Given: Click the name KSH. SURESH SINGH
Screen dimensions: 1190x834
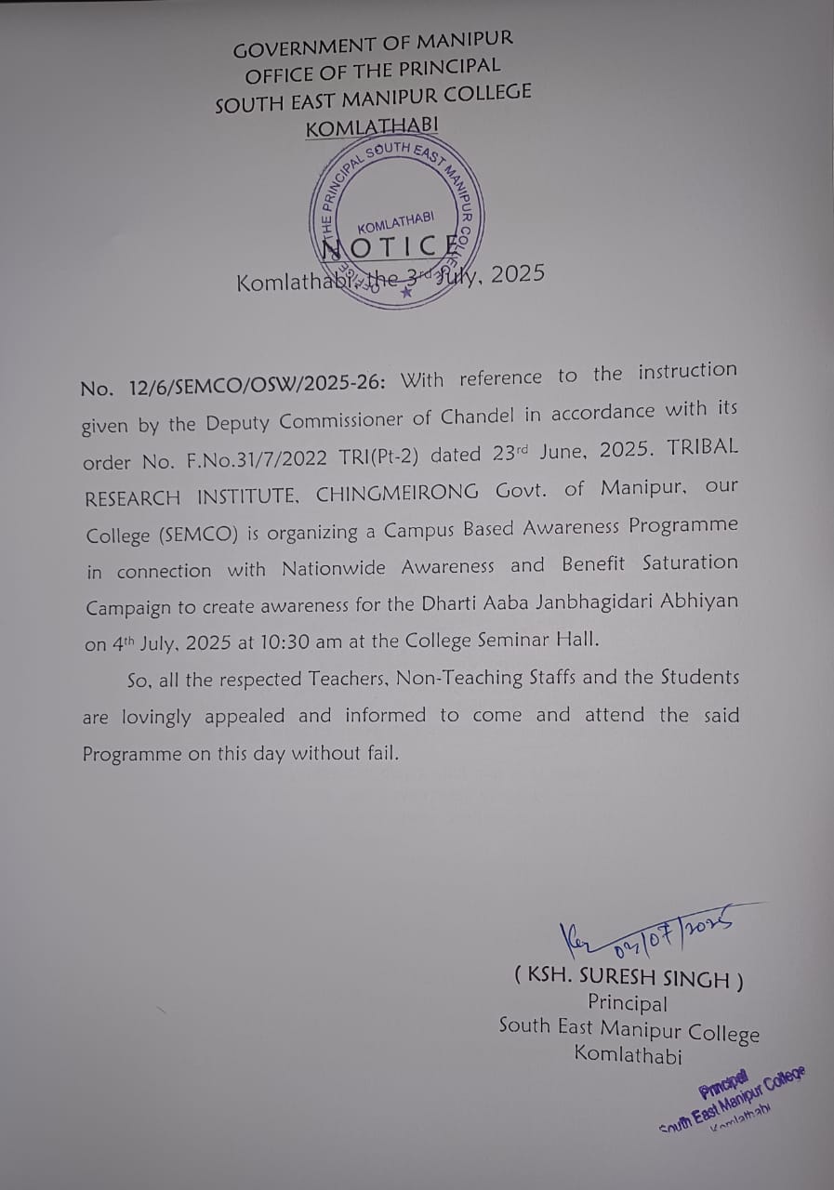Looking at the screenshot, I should [x=629, y=978].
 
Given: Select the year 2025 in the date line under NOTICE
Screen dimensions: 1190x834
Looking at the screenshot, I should [x=517, y=275].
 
